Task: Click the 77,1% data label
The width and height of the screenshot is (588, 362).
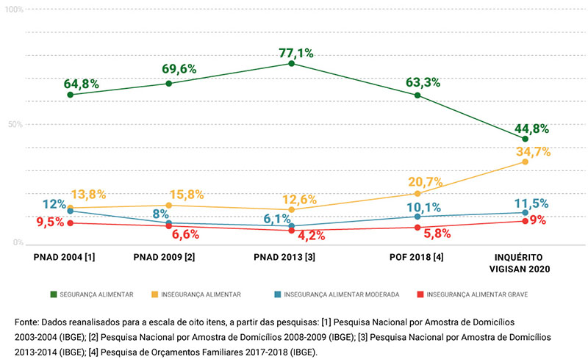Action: [x=296, y=52]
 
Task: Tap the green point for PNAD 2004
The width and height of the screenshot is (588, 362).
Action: [x=70, y=95]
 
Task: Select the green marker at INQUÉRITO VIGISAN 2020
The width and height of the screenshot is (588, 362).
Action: [x=525, y=139]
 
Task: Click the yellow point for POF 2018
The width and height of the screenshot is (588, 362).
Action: [x=417, y=193]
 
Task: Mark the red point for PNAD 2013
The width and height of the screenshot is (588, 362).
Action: [x=292, y=231]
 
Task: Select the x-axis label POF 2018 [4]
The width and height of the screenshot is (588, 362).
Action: [x=416, y=258]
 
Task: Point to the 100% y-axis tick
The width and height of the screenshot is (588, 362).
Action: [x=14, y=10]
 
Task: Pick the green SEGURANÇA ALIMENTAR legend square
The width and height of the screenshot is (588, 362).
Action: [x=54, y=294]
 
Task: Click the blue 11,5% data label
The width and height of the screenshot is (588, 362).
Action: [x=529, y=203]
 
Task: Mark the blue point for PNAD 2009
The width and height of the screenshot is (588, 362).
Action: [x=169, y=223]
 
